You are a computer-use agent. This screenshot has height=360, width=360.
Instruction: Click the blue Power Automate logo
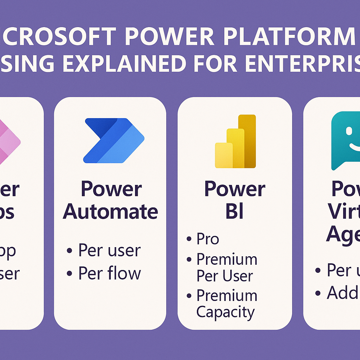pyautogui.click(x=113, y=141)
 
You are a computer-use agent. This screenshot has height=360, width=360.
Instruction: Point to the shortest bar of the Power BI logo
pyautogui.click(x=224, y=155)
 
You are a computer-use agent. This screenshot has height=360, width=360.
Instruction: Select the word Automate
pyautogui.click(x=110, y=212)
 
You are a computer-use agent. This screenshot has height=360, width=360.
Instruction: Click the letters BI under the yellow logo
pyautogui.click(x=234, y=212)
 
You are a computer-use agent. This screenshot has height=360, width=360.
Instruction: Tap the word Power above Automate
pyautogui.click(x=111, y=189)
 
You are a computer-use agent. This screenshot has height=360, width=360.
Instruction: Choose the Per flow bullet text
pyautogui.click(x=109, y=273)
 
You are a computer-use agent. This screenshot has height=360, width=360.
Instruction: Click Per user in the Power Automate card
pyautogui.click(x=109, y=250)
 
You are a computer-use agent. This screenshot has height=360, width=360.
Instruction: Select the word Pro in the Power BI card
pyautogui.click(x=208, y=239)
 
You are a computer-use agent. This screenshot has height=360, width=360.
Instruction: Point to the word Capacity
pyautogui.click(x=225, y=312)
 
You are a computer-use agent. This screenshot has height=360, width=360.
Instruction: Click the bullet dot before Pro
pyautogui.click(x=189, y=240)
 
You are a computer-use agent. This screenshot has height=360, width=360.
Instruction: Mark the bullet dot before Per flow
pyautogui.click(x=70, y=274)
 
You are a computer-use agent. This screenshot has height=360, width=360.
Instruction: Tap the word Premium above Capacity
pyautogui.click(x=227, y=295)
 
